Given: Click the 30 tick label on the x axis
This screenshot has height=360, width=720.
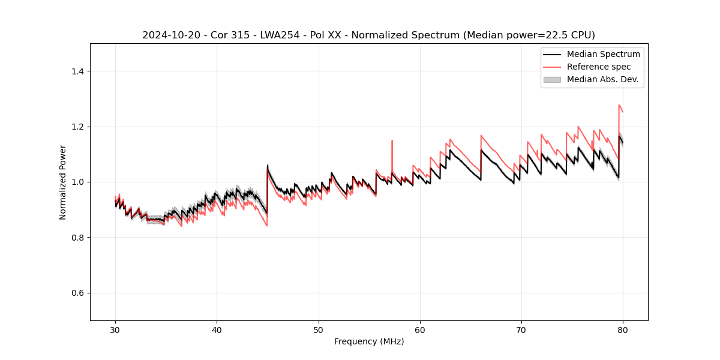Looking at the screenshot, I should point(115,330).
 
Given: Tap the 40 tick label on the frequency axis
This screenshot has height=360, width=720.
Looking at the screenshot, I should point(217,330).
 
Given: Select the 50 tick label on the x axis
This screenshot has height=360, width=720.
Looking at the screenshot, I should point(319,330).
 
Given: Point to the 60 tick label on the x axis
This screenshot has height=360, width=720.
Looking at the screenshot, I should point(420,330).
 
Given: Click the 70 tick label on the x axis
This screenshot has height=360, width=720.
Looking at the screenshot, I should point(521,330).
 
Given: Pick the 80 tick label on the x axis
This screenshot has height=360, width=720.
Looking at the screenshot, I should point(623,330).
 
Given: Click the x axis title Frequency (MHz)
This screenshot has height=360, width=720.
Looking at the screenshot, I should point(369,341).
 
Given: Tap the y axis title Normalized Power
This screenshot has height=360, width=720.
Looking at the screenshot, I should point(62,182).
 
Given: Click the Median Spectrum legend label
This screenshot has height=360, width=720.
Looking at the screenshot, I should point(603,54).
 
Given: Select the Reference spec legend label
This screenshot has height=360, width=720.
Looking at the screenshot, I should point(598,67).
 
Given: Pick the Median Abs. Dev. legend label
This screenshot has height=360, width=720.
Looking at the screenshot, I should point(603,79).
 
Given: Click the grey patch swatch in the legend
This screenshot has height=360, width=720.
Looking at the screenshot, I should point(552,79).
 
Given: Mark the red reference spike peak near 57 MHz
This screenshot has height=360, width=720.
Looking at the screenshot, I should point(392,141).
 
